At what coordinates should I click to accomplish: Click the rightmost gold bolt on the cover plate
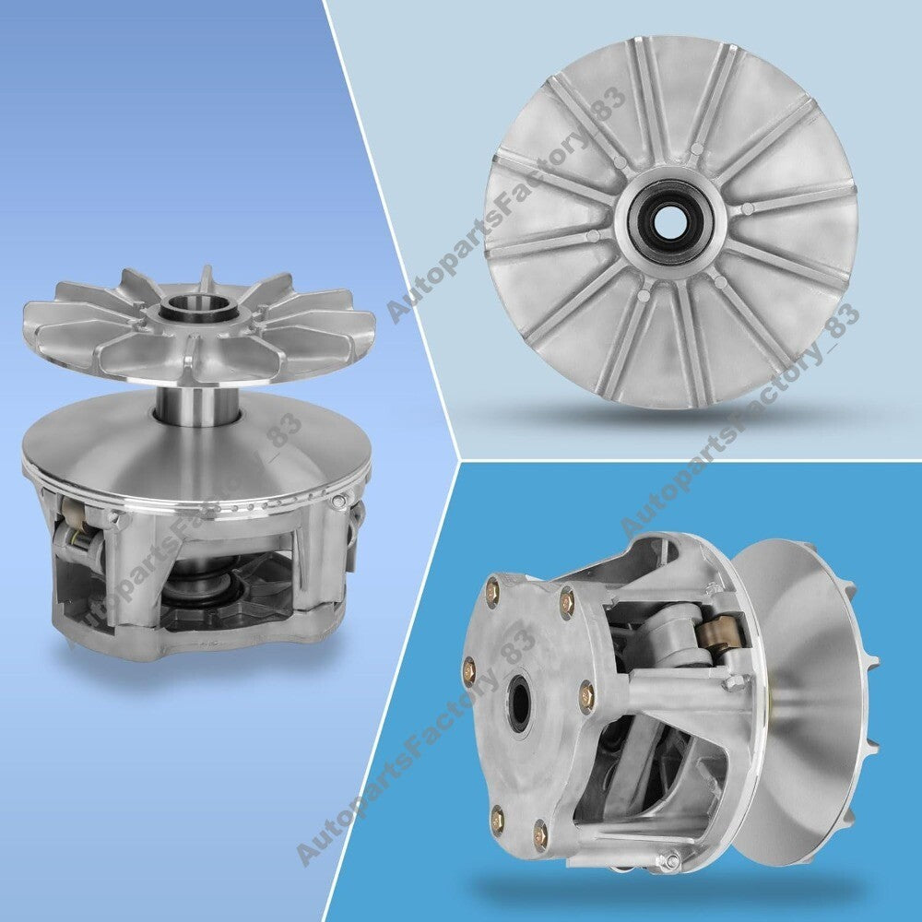point(586,696)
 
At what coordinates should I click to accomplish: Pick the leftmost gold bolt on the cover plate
point(469,668)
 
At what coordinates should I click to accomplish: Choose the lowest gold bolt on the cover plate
point(540,833)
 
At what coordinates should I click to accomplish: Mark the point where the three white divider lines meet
point(460,459)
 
